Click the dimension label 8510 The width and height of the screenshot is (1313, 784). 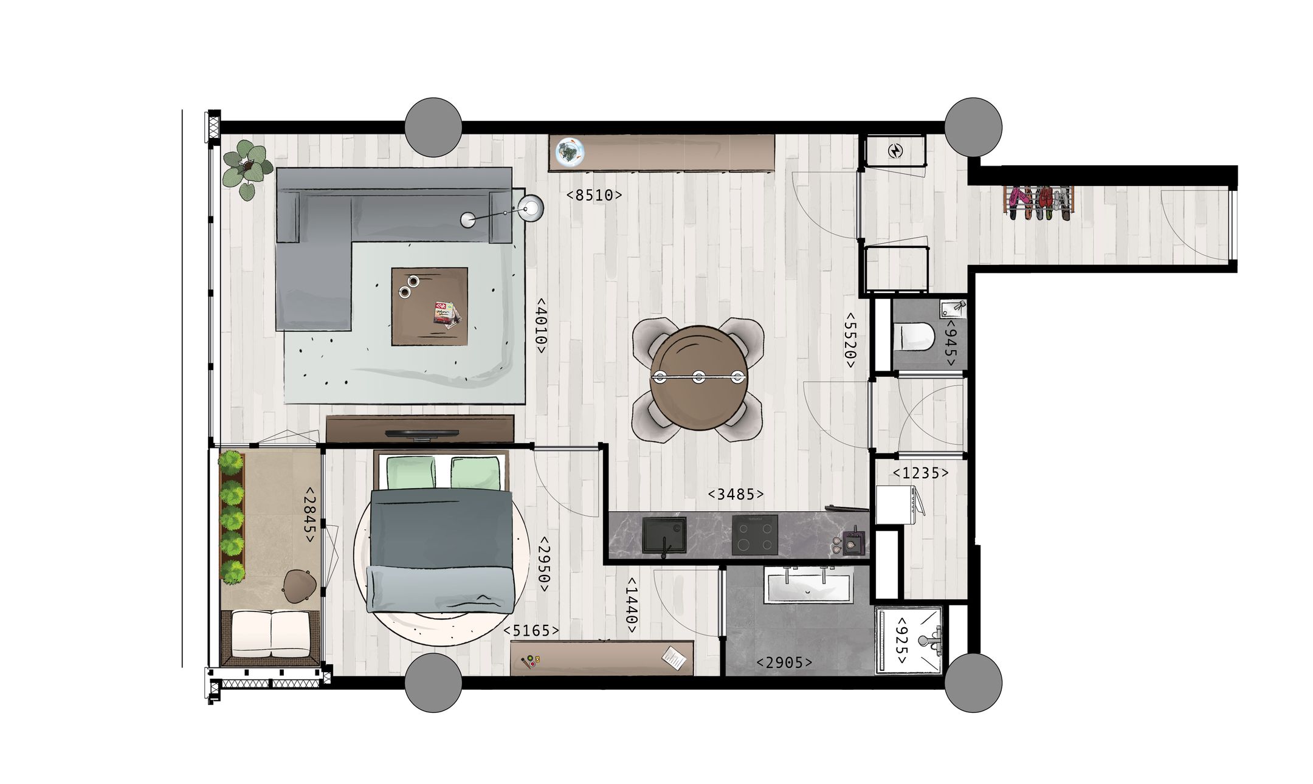pyautogui.click(x=594, y=195)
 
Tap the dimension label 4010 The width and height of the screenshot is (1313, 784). pyautogui.click(x=540, y=325)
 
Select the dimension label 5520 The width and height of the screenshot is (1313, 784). pyautogui.click(x=849, y=340)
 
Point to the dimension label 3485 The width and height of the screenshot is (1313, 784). pyautogui.click(x=736, y=495)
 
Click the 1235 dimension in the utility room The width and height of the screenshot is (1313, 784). pyautogui.click(x=920, y=473)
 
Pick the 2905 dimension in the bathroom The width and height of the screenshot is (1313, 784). pyautogui.click(x=784, y=663)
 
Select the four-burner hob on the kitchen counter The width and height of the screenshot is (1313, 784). pyautogui.click(x=754, y=535)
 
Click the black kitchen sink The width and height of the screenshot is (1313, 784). pyautogui.click(x=664, y=535)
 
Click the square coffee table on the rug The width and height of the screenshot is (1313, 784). pyautogui.click(x=429, y=306)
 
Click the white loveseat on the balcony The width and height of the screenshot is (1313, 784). pyautogui.click(x=271, y=633)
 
